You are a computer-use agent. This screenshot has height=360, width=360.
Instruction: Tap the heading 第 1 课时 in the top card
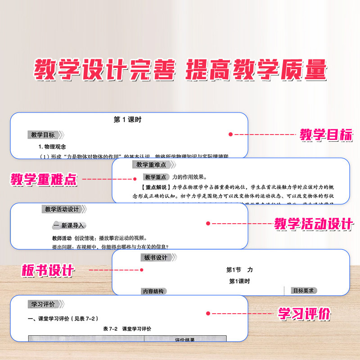tap(128, 120)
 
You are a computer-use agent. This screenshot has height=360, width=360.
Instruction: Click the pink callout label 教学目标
tap(326, 135)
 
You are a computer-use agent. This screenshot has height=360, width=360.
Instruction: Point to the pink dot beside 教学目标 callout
tap(231, 134)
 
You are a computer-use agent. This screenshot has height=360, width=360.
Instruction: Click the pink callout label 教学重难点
tap(44, 180)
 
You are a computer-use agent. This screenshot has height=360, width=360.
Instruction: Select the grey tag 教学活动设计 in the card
tap(62, 209)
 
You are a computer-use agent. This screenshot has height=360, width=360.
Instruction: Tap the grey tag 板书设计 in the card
tap(155, 258)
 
